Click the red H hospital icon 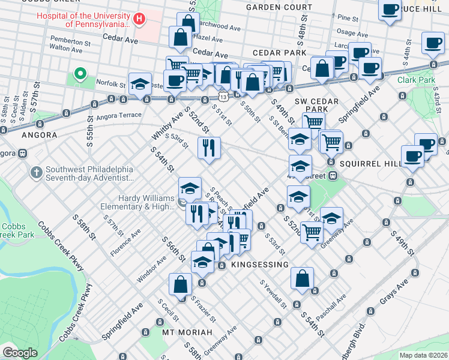(140, 19)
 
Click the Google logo (20, 353)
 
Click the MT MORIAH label (187, 332)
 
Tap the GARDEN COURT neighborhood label (279, 7)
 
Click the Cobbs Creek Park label (17, 230)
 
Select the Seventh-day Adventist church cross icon (37, 173)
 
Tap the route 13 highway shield (223, 97)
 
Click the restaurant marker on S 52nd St (208, 148)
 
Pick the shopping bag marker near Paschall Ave (303, 278)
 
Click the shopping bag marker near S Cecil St (180, 284)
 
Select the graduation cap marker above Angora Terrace (140, 83)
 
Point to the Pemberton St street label (70, 44)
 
